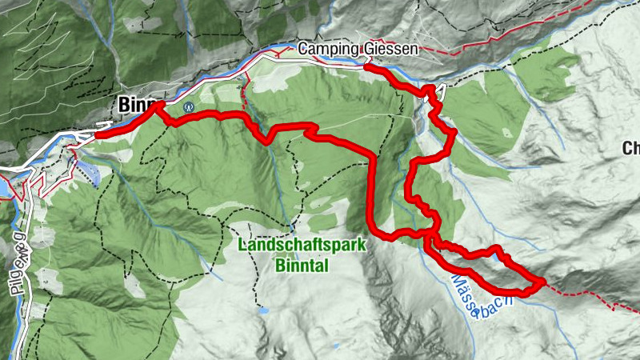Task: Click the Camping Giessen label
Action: (358, 50)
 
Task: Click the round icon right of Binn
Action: (189, 106)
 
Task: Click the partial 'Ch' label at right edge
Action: (631, 148)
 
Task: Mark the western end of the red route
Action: (98, 134)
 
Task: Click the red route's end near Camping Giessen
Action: (366, 68)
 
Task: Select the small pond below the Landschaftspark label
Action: (263, 310)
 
